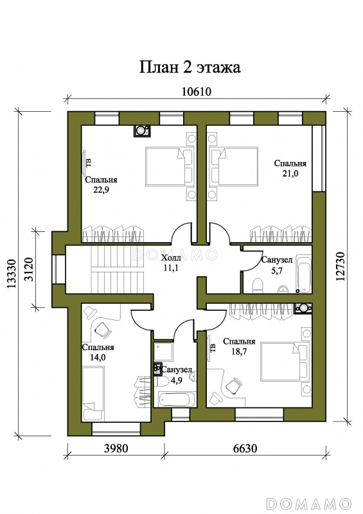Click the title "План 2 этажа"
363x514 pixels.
coord(190,67)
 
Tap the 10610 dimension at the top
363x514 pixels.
coord(197,92)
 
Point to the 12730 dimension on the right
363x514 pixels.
coord(341,266)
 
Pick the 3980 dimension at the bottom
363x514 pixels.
coord(116,448)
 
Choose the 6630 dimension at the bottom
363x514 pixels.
coord(245,448)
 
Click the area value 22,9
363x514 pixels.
coord(101,190)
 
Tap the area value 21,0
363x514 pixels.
coord(290,173)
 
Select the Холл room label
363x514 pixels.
coord(171,258)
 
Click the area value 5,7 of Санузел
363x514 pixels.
coord(277,270)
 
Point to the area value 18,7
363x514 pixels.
coord(239,351)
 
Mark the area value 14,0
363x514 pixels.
coord(98,357)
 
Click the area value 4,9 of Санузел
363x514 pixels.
coord(177,380)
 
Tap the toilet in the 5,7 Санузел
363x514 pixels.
coord(258,285)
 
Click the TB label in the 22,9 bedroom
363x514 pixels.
coord(89,163)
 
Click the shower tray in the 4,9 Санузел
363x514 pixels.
coord(163,352)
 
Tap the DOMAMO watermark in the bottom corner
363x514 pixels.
coord(309,503)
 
